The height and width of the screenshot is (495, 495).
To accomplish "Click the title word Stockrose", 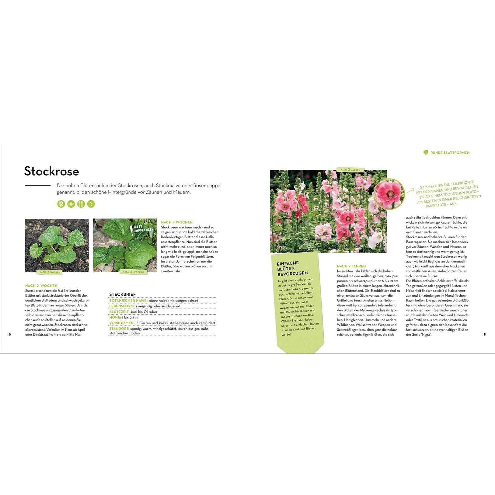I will pos(51,171).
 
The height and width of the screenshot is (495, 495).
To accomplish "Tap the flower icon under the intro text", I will pos(61,204).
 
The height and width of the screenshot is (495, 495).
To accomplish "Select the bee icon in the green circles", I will pos(71,204).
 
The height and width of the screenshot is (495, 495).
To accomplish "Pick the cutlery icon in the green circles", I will pos(81,204).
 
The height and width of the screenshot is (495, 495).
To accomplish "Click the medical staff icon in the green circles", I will pos(91,204).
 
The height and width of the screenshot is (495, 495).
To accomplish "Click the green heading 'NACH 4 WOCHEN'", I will pos(177,222).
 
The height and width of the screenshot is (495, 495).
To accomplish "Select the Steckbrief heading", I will pos(122,295).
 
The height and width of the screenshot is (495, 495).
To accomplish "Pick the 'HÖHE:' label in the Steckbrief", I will pos(115,317).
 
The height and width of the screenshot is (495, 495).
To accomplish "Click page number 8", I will pos(10,335).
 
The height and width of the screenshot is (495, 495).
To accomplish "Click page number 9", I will pos(485,335).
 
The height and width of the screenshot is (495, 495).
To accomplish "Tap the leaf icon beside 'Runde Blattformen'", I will pos(426,152).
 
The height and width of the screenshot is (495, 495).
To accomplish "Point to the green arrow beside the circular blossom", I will pos(411,191).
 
